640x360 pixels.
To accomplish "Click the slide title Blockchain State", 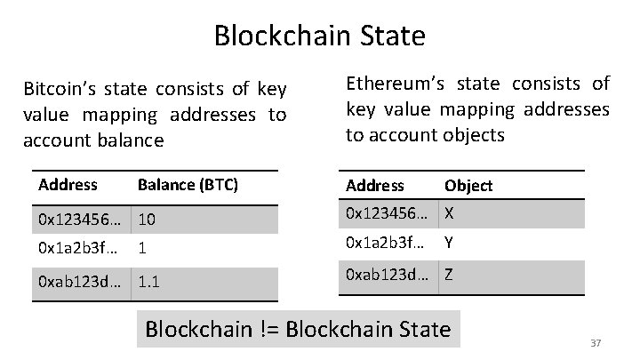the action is click(319, 36).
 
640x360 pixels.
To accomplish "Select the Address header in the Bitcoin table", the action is click(68, 185).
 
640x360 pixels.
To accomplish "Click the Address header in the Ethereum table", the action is click(374, 186).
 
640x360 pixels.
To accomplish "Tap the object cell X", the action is click(450, 213).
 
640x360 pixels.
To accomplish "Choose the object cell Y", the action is click(450, 243).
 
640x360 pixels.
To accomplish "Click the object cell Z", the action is click(450, 276).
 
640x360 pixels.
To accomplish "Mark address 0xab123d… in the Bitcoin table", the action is click(81, 283).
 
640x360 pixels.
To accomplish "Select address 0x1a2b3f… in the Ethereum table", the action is click(385, 243).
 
